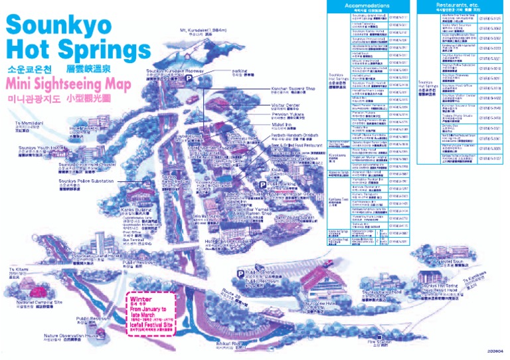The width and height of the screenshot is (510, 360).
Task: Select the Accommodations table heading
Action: point(368,5)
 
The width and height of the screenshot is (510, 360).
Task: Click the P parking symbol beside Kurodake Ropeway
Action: point(189,78)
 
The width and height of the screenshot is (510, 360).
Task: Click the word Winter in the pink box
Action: point(141,300)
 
